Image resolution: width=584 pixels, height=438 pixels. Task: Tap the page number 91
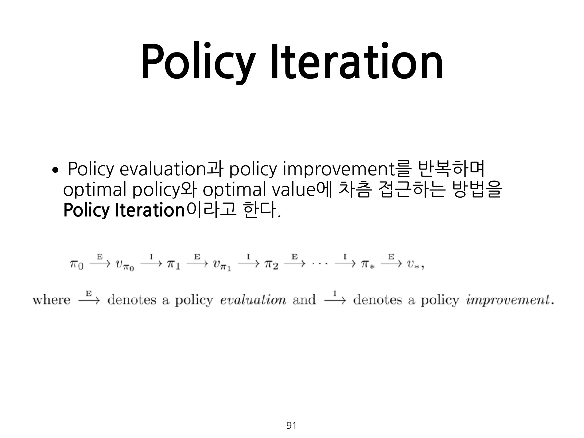click(x=291, y=425)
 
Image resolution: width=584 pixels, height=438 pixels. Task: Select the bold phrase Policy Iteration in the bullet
click(x=124, y=210)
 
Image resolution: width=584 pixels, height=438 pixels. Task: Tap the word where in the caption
click(x=51, y=300)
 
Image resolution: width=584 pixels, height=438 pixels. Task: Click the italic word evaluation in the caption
click(x=253, y=300)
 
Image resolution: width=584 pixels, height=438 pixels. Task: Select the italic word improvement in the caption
click(x=508, y=300)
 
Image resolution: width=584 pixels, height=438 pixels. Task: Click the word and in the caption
click(x=304, y=300)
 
